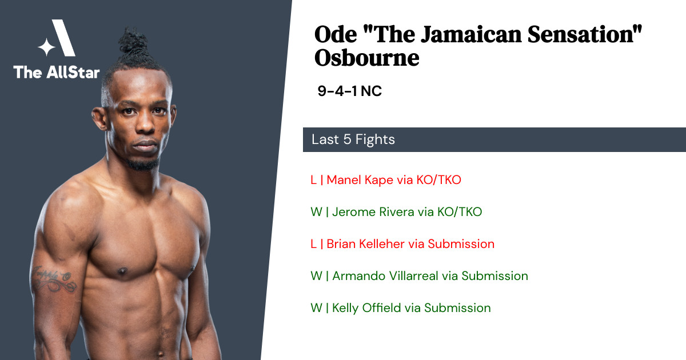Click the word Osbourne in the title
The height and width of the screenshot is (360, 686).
point(366,58)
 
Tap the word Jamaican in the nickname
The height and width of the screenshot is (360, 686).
point(471,34)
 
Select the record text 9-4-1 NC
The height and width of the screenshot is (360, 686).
point(349,91)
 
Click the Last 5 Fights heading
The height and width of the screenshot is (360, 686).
point(353,139)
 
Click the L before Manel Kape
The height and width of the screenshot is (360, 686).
point(313,180)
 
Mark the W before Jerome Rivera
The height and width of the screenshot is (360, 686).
point(316,212)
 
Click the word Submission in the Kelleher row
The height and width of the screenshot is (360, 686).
point(461,244)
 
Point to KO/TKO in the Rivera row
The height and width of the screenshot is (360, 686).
point(460,212)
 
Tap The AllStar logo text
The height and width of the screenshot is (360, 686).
point(57,72)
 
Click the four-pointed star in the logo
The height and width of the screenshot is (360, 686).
point(46,47)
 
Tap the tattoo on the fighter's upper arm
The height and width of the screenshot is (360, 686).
point(54,279)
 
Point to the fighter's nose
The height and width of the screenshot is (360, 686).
point(145,123)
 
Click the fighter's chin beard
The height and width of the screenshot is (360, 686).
point(143,165)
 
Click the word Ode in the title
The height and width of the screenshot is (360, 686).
point(336,34)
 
